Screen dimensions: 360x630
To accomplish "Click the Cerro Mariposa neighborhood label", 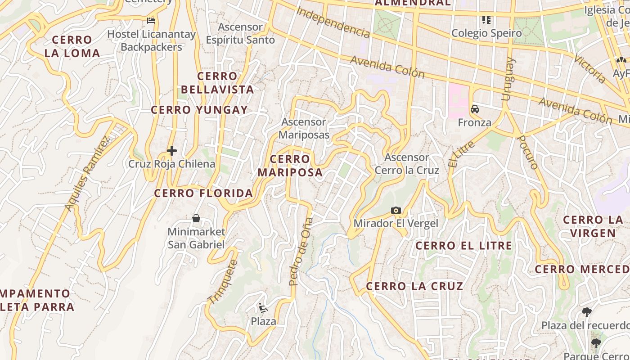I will point(290,166).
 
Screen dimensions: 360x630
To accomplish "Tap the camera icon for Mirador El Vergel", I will point(396,210).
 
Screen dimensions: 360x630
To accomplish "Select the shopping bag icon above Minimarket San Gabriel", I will point(196,218).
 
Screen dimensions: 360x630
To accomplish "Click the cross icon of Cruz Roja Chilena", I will point(171,151).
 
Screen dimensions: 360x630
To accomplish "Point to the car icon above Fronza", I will point(475,109).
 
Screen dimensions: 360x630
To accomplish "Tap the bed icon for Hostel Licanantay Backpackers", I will point(151,20).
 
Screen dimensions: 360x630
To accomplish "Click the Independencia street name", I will point(333,23).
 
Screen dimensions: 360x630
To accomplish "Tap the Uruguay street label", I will point(508,79).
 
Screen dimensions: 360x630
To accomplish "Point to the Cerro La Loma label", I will point(72,46).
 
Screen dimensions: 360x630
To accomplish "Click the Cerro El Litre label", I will point(463,246).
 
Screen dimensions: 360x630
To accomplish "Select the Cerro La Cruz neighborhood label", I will point(414,286).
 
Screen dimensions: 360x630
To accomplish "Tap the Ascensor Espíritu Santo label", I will point(240,34).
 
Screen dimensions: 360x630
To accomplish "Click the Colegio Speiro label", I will point(486,33).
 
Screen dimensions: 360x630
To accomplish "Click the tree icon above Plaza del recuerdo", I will point(586,312).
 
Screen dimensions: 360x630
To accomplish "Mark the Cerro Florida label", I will point(203,193).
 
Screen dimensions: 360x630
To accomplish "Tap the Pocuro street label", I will point(527,152).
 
